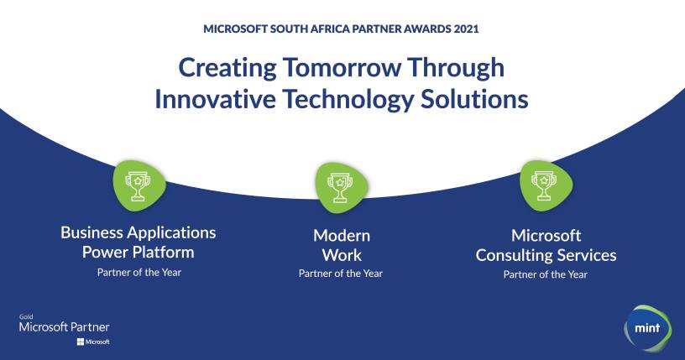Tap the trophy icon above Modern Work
340,185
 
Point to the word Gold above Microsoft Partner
25,317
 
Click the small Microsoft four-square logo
81,342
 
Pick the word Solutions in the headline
470,98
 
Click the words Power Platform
139,252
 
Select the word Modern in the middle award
342,235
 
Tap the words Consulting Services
546,255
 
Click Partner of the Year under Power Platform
139,273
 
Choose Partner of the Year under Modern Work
341,273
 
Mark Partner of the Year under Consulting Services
546,274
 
